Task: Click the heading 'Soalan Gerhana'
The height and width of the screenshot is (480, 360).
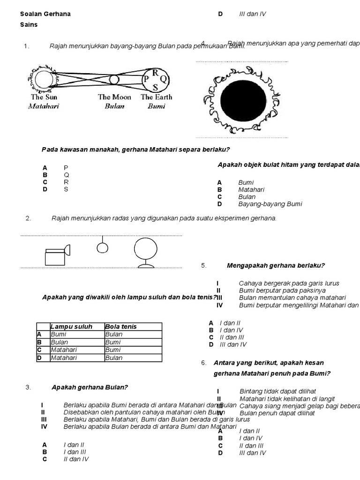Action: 45,14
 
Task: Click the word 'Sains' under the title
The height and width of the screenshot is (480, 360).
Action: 29,24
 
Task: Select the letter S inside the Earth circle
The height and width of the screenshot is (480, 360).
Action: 155,87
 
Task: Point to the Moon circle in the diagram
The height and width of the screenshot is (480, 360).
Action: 114,80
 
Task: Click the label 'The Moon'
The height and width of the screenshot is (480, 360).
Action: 114,97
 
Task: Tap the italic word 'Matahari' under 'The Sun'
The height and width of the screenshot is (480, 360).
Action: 44,106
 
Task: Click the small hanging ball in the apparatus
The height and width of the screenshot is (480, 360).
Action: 102,247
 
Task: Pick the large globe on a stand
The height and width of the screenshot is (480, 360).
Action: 145,250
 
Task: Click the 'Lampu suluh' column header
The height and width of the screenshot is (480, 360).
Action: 71,327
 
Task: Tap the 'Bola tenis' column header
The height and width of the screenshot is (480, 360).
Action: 121,327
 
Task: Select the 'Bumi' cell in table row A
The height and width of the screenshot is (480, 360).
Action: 59,335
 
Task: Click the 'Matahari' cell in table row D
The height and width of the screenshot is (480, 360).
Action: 64,358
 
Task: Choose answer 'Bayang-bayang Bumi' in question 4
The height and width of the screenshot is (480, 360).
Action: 270,204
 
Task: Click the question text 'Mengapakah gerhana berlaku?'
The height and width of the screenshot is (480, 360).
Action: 276,265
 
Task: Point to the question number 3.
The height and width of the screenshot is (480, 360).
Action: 28,387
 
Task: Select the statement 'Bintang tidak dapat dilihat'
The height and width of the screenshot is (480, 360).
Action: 277,391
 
